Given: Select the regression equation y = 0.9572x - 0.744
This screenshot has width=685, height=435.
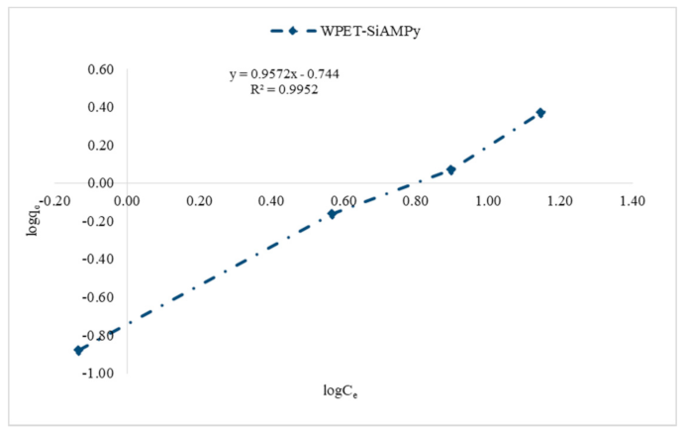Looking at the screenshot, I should click(x=284, y=74).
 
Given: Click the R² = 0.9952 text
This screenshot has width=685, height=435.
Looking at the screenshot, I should click(x=284, y=89).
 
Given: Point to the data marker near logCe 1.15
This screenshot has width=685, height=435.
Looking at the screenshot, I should click(x=540, y=113).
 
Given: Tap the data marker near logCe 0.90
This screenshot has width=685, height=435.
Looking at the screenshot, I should click(x=450, y=169).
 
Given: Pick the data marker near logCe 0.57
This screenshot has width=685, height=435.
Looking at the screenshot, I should click(x=333, y=213).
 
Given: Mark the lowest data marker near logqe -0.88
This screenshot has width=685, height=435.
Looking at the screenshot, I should click(x=78, y=350).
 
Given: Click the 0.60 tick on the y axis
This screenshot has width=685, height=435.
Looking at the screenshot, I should click(x=101, y=69).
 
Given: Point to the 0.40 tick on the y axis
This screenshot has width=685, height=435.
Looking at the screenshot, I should click(x=101, y=107).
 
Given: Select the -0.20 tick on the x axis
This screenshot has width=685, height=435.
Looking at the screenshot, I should click(x=56, y=200).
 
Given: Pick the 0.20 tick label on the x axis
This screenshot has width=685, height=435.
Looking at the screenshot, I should click(x=200, y=200).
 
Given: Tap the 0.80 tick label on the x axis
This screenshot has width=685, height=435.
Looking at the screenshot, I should click(x=416, y=200).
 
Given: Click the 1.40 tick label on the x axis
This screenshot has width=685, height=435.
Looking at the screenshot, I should click(x=632, y=200).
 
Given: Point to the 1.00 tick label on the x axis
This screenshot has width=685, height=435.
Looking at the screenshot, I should click(x=488, y=200).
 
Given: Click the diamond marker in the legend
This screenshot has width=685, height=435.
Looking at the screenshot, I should click(x=293, y=30).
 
